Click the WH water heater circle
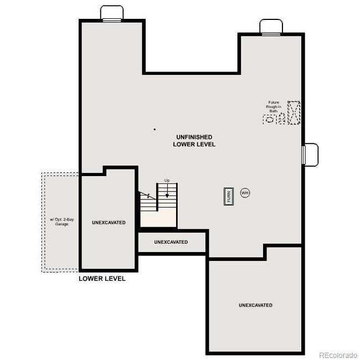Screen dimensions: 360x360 point(245,193)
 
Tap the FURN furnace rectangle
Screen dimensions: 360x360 point(228,197)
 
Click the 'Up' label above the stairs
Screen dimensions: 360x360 point(166,181)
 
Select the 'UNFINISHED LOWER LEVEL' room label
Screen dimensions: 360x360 point(194,140)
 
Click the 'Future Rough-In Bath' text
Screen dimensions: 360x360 point(273,106)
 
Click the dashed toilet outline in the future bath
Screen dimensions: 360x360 point(281,119)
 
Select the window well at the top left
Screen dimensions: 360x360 point(112,13)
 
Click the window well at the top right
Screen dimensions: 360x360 point(271,26)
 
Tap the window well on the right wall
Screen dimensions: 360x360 point(310,154)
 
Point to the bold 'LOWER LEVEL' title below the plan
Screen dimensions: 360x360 point(102,279)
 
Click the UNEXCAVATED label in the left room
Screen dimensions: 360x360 point(109,222)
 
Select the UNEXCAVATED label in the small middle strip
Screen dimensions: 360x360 point(171,242)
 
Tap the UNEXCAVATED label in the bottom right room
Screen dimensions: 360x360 point(255,305)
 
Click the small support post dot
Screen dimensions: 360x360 point(155,129)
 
